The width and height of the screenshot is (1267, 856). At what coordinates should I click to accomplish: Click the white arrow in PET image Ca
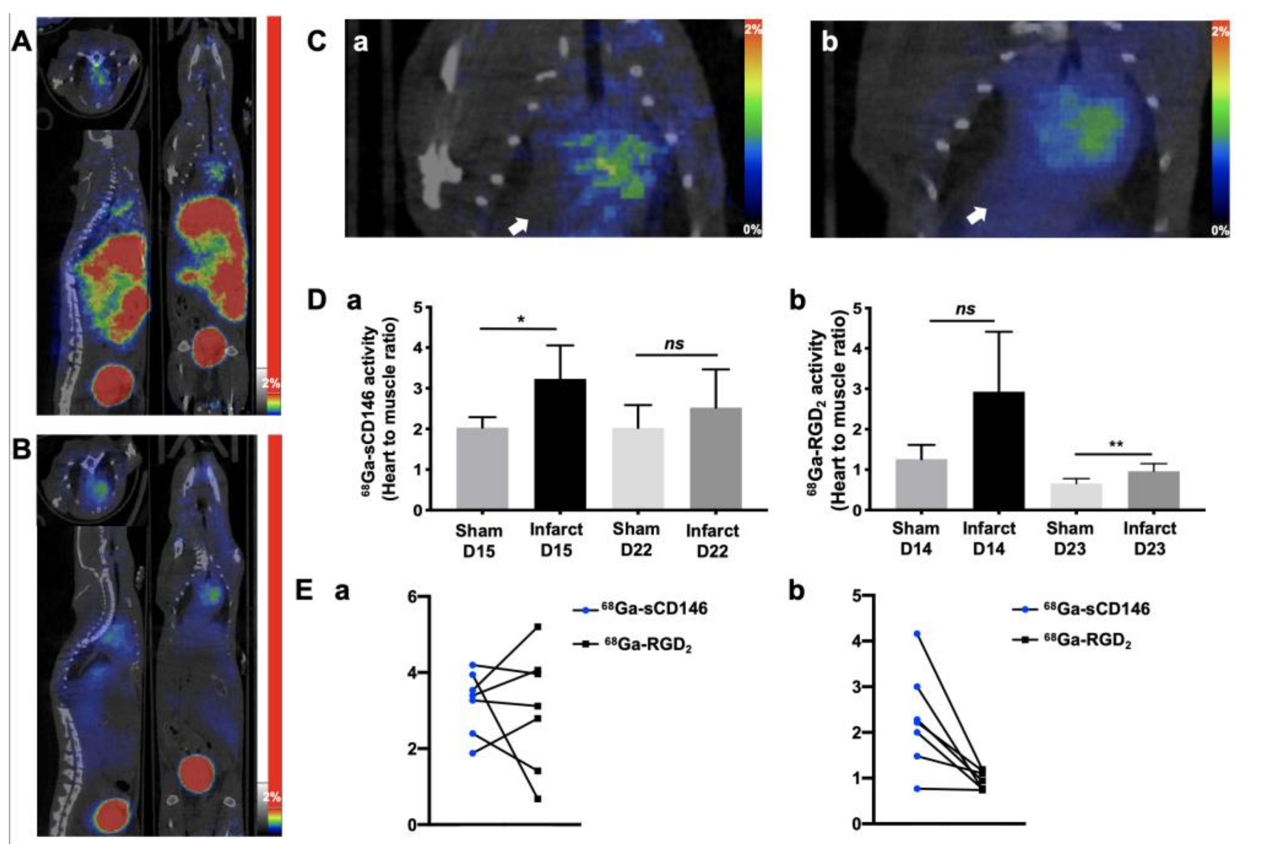[x=518, y=225]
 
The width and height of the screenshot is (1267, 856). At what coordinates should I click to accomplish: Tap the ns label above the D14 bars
[x=965, y=309]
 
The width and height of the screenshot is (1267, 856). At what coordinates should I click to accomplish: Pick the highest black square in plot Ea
[x=538, y=627]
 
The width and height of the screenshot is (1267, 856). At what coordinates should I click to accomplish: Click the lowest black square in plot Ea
[x=538, y=799]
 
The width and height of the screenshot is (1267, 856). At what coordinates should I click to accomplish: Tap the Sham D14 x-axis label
[x=915, y=538]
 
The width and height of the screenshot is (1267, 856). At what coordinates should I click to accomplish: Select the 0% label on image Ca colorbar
[x=752, y=230]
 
